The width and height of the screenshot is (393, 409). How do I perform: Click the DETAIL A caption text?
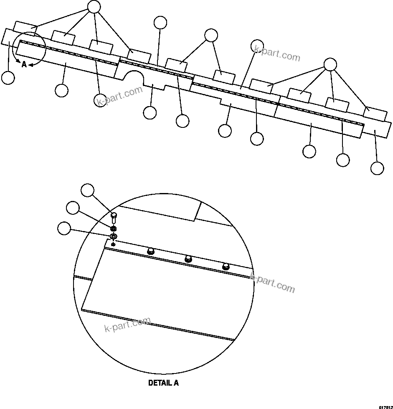click(163, 383)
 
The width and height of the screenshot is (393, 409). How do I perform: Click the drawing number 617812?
click(385, 406)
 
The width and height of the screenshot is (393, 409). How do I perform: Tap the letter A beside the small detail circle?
click(24, 64)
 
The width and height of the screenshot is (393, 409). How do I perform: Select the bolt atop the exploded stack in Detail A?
click(113, 218)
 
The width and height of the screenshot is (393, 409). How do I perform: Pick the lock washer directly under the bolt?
click(113, 229)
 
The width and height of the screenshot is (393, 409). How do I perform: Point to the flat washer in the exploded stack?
click(113, 237)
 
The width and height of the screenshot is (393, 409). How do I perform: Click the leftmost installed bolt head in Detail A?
click(151, 251)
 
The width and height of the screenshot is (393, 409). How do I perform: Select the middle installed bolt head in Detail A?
click(188, 259)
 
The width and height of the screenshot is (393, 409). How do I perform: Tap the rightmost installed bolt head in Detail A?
click(226, 266)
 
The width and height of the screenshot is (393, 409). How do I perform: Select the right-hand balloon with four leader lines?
click(330, 64)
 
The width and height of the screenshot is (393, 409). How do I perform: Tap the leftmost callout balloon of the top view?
click(8, 78)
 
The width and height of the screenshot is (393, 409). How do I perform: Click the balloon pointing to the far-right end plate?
click(377, 168)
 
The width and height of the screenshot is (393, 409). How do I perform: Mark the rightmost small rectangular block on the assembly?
click(375, 114)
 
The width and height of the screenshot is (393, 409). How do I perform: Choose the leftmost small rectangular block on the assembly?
click(25, 26)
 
